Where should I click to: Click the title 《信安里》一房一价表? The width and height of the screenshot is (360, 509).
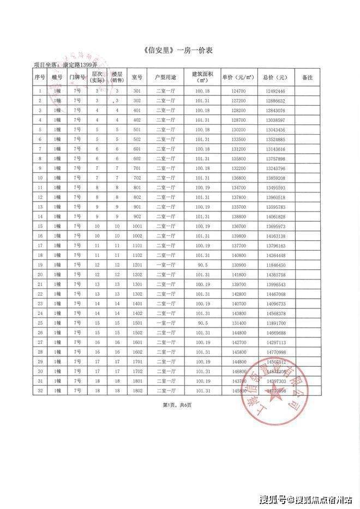pyautogui.click(x=179, y=51)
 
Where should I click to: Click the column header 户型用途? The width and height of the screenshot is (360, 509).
pyautogui.click(x=165, y=77)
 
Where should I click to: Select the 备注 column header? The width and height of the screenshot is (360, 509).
pyautogui.click(x=307, y=77)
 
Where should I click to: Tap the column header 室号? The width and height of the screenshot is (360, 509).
pyautogui.click(x=137, y=77)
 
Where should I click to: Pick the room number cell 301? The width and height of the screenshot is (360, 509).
pyautogui.click(x=137, y=90)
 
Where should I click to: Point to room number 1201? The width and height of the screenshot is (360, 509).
pyautogui.click(x=137, y=264)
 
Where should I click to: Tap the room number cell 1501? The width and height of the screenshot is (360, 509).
pyautogui.click(x=137, y=323)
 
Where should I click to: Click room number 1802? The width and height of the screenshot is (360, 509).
pyautogui.click(x=137, y=391)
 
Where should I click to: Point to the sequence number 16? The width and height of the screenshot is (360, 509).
pyautogui.click(x=40, y=235)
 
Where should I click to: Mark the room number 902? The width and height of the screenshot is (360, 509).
pyautogui.click(x=137, y=216)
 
